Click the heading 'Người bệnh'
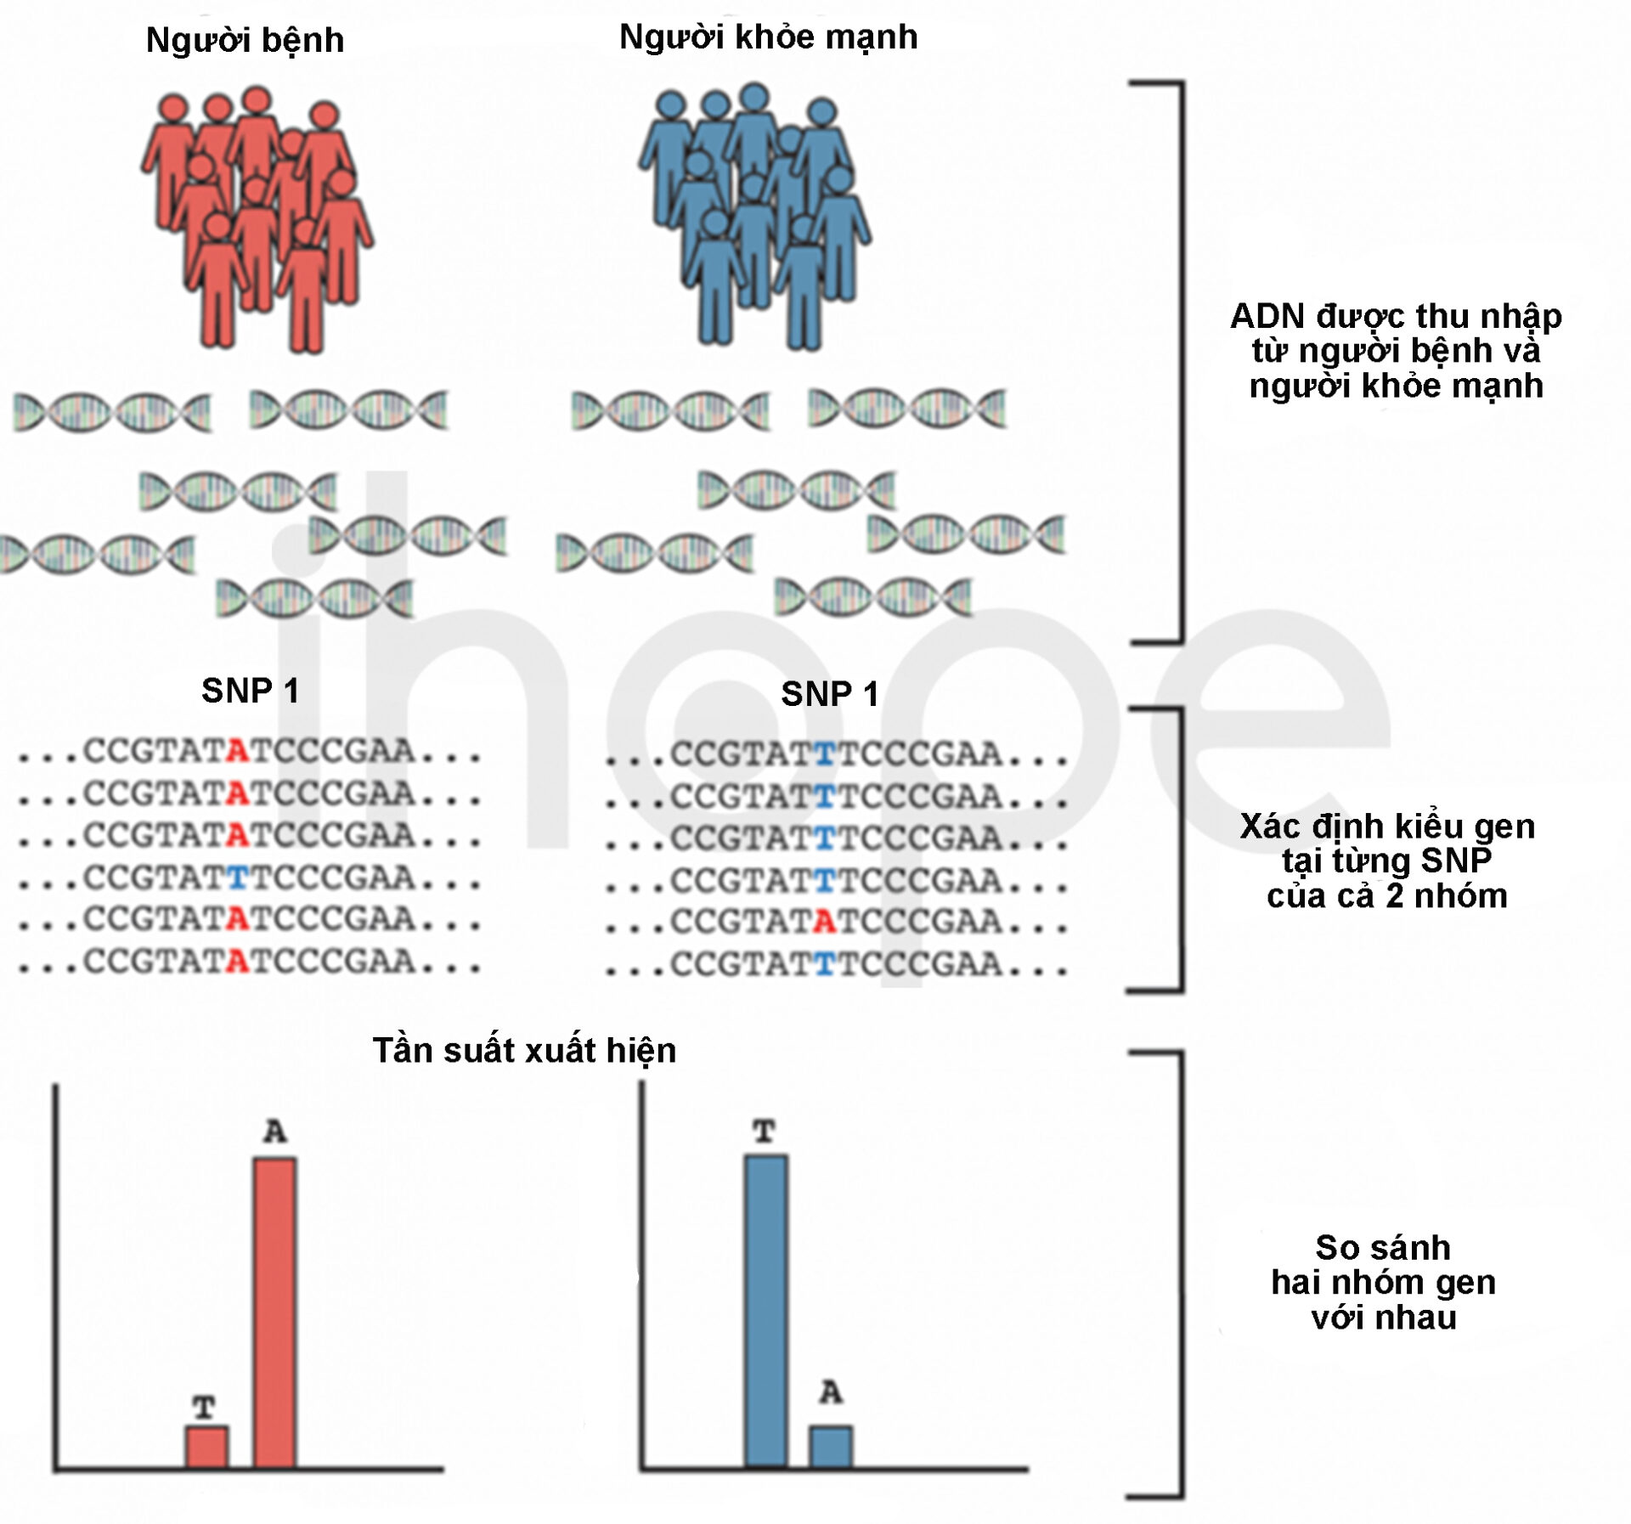coord(245,41)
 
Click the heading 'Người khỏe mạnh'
coord(768,37)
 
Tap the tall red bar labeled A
coord(274,1312)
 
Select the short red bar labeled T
coord(207,1447)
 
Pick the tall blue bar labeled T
coord(765,1311)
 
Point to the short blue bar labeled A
coord(831,1447)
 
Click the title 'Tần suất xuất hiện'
coord(524,1051)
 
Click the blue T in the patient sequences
coord(237,878)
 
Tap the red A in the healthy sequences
coord(824,922)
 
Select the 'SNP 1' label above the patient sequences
coord(250,691)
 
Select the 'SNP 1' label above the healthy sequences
coord(829,694)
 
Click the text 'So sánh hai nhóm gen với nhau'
coord(1383,1283)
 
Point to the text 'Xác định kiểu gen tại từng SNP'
coord(1387,844)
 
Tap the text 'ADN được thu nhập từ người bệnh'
coord(1396,333)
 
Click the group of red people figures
coord(257,218)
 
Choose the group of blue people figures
coord(755,217)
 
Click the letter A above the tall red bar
coord(274,1132)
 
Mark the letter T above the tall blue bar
coord(765,1132)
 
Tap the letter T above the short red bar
coord(204,1408)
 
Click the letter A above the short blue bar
coord(831,1392)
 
